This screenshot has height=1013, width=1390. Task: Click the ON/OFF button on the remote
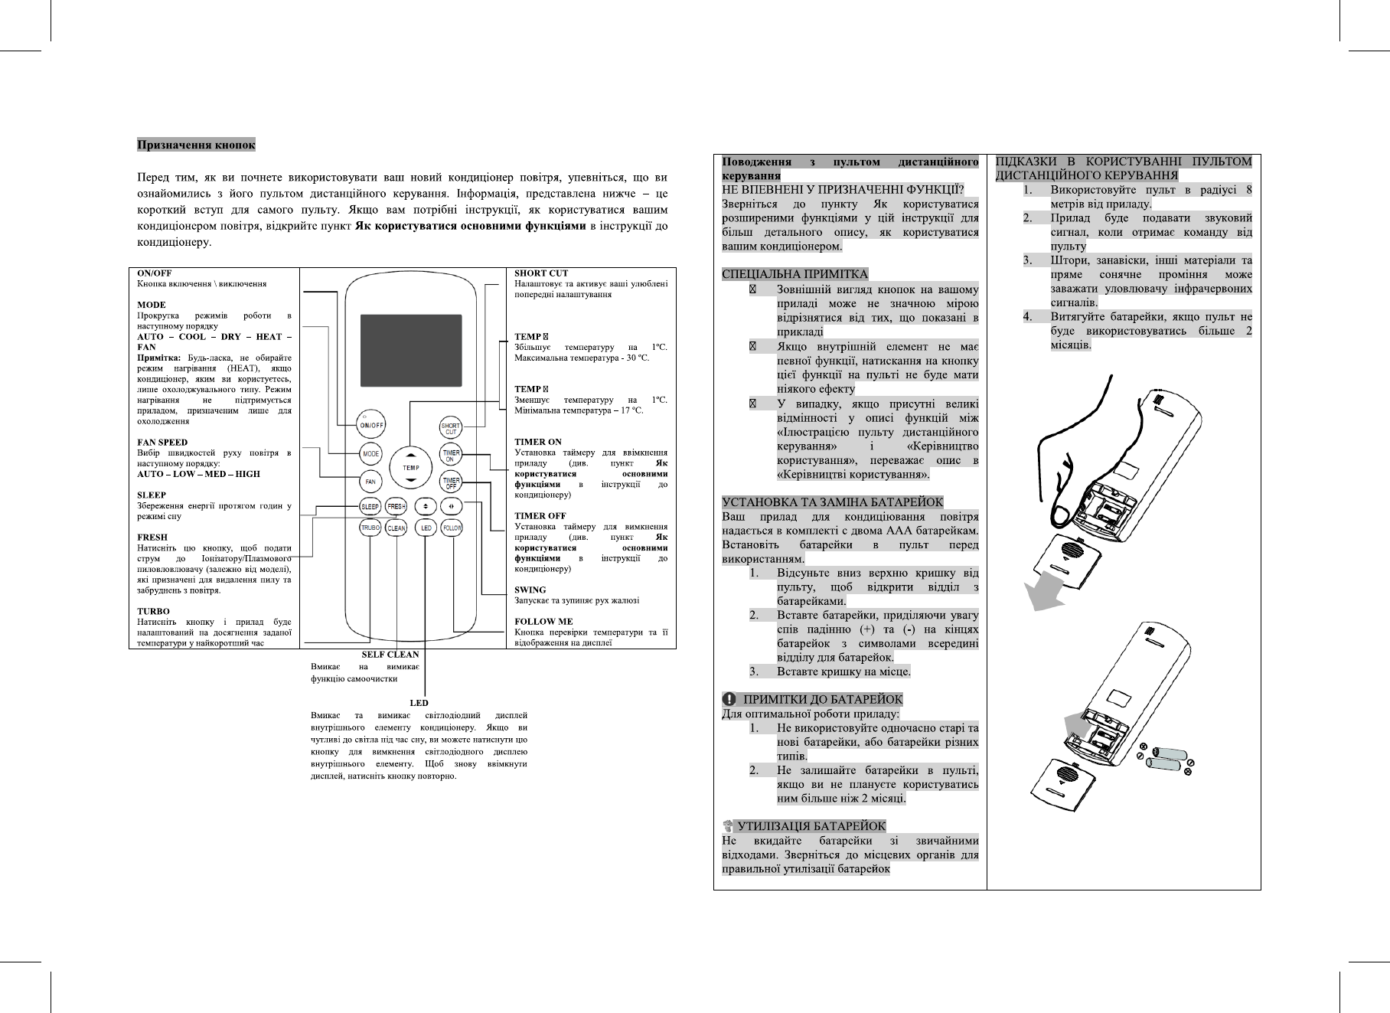point(371,424)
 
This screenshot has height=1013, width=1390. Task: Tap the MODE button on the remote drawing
point(370,454)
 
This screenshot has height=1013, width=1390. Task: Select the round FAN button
point(370,482)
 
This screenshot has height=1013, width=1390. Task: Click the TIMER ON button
point(451,455)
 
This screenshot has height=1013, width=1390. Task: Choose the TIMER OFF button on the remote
point(451,482)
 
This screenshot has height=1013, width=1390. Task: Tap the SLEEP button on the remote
point(370,507)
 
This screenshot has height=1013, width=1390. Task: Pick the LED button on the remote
point(426,528)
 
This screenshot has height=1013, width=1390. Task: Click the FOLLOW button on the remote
point(452,528)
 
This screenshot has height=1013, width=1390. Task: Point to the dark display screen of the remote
point(410,351)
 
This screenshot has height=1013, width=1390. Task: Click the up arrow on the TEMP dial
point(411,453)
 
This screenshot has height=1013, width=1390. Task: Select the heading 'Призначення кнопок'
point(196,145)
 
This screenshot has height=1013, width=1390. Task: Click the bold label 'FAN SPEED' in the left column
point(162,442)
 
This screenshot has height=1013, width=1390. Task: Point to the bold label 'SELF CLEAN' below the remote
point(390,655)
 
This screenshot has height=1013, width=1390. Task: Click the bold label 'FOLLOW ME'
point(543,621)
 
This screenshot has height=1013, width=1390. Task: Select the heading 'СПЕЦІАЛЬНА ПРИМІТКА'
point(795,274)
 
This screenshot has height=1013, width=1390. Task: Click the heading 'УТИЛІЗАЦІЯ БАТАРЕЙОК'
point(811,826)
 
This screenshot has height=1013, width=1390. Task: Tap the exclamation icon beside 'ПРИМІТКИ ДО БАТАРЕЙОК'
point(729,699)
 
